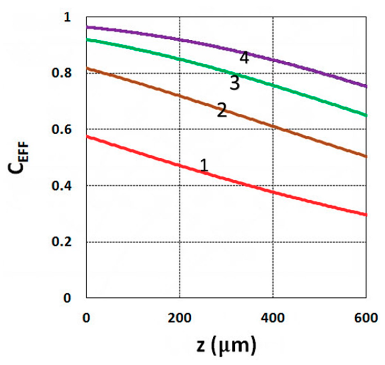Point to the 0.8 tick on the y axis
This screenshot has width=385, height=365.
61,73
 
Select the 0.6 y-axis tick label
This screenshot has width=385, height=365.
61,129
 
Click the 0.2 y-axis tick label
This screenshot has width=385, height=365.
61,242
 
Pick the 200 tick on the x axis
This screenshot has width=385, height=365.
180,318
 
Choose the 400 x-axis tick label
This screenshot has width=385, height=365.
273,318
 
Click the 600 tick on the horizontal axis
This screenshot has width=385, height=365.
366,318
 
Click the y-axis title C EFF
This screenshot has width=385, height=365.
19,157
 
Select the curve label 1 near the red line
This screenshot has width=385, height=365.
204,165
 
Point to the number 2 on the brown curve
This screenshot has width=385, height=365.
222,110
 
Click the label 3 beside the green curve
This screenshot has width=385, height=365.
235,83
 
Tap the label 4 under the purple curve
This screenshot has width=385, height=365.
244,58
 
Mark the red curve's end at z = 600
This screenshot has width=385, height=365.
366,215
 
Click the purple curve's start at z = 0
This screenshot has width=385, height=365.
87,27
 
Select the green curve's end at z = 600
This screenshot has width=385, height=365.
366,115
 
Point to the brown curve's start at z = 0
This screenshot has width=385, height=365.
87,68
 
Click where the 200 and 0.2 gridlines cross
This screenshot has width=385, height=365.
180,242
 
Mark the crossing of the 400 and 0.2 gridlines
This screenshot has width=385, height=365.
273,242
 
